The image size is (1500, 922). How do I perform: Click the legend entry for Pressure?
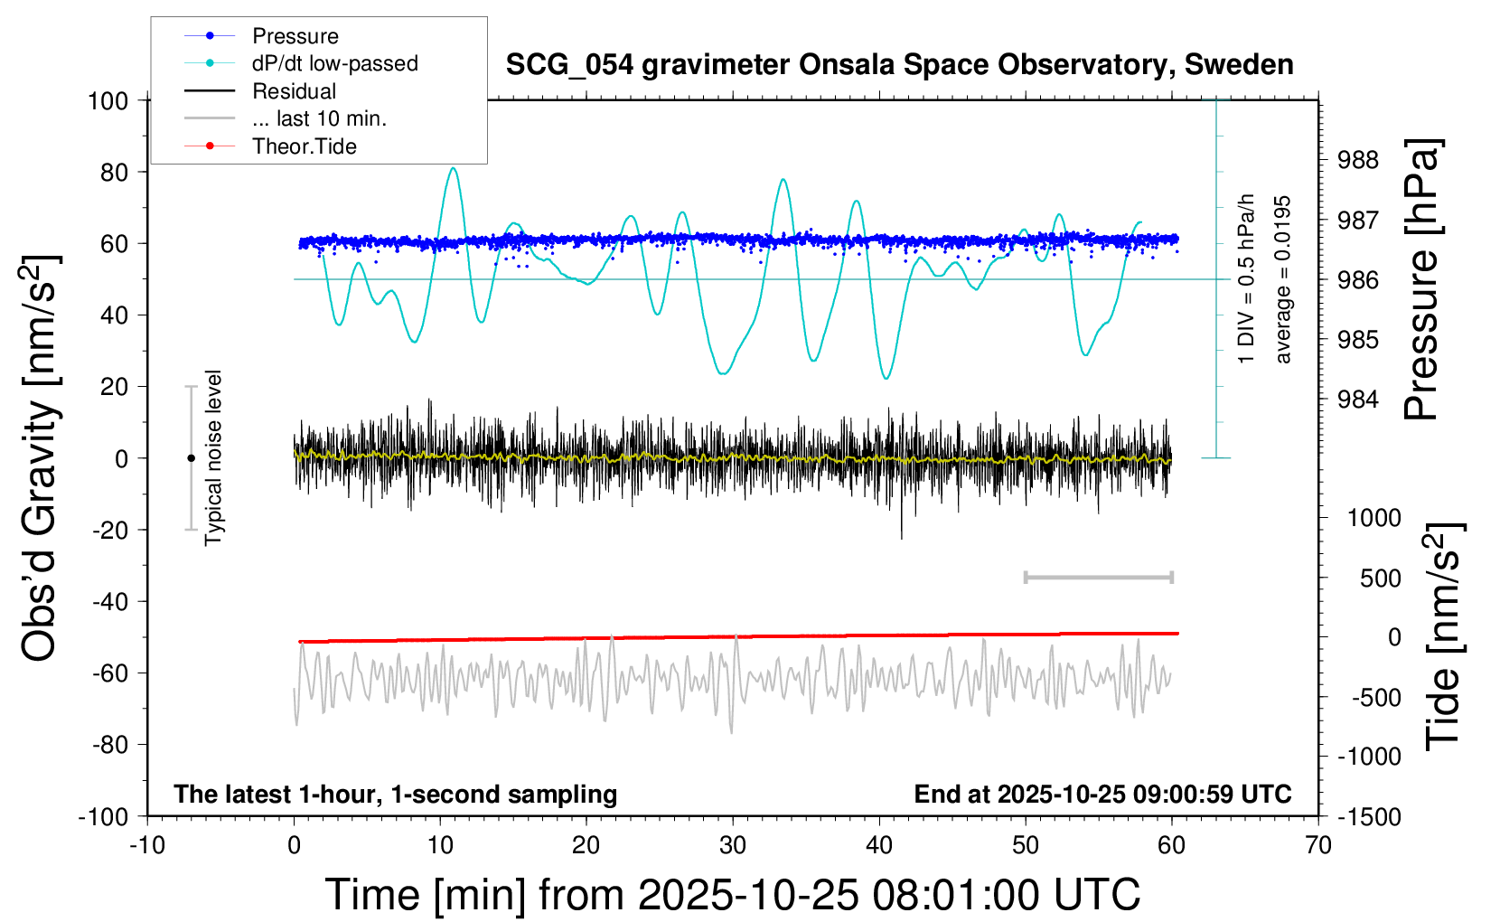[295, 36]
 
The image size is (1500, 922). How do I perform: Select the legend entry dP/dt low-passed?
[334, 63]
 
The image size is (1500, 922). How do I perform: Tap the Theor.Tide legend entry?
[304, 146]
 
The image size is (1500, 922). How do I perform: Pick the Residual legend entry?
[294, 91]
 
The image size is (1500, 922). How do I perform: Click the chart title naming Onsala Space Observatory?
[899, 65]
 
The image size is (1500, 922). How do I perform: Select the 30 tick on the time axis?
[733, 845]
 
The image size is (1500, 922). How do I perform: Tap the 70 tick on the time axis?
[1318, 845]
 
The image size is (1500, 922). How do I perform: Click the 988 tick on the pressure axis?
[1358, 160]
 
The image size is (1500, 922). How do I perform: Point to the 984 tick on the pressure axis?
[1358, 399]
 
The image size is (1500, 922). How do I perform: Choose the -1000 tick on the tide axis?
[1370, 757]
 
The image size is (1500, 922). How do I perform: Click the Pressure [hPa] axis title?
[1421, 279]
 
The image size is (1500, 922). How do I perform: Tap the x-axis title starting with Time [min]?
[732, 895]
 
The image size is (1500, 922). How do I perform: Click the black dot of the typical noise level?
[191, 458]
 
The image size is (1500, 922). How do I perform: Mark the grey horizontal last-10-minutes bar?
[1098, 577]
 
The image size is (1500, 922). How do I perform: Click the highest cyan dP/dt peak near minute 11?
[453, 168]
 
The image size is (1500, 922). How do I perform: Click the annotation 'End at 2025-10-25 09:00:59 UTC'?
[1102, 794]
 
